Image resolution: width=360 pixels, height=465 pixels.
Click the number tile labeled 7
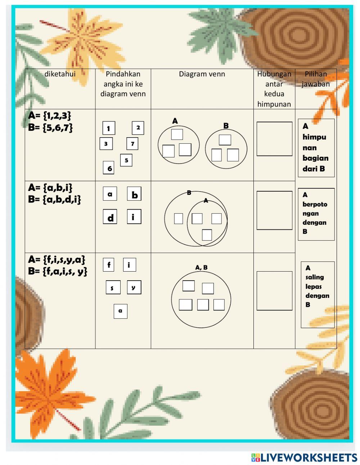coord(132,144)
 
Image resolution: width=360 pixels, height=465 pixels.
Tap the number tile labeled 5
coord(126,160)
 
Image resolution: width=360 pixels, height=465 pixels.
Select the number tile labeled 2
coord(138,128)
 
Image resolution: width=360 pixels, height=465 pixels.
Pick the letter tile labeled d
coord(110,218)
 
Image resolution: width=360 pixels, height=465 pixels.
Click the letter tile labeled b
coord(134,195)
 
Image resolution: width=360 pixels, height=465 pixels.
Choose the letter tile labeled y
coord(134,287)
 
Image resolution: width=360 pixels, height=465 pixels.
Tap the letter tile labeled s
coord(113,288)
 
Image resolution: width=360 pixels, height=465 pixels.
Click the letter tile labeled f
coord(109,265)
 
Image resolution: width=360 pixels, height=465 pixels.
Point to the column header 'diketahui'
coord(60,74)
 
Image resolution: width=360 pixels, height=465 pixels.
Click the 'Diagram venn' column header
coord(202,74)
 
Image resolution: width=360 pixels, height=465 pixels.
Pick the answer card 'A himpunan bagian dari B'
coord(316,148)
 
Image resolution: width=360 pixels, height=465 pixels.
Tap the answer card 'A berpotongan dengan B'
coord(316,214)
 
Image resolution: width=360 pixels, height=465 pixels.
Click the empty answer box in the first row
coord(274,139)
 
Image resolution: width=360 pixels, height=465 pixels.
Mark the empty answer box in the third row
coord(274,291)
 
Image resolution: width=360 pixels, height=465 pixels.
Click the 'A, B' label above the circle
coord(201,267)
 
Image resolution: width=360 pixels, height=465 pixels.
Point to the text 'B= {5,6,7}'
coord(50,128)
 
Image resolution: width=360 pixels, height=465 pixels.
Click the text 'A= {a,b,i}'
coord(50,187)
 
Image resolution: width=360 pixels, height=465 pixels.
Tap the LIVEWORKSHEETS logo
coord(304,457)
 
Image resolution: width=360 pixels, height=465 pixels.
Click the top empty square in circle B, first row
coord(225,140)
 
